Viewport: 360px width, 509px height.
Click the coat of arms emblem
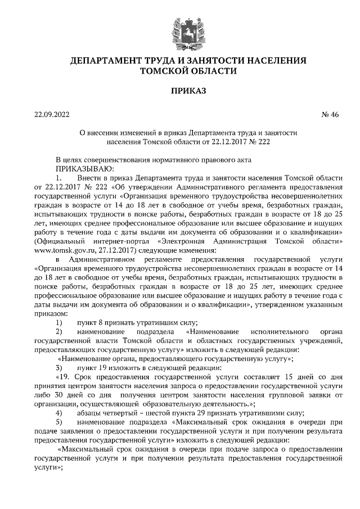tap(180, 31)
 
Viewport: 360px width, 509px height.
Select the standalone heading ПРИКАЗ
tap(180, 90)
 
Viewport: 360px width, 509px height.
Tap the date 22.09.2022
tap(51, 116)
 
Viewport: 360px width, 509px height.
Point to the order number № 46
tap(330, 116)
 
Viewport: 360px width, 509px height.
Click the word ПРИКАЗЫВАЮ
tap(84, 168)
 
